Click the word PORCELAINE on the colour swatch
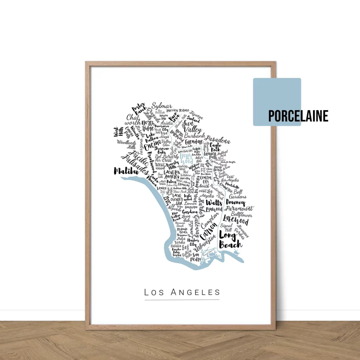[298, 116]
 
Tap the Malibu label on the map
[125, 171]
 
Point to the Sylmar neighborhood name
[162, 106]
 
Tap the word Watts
[214, 203]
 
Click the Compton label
[210, 221]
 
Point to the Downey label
[235, 203]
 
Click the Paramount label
[239, 208]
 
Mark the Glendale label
[194, 141]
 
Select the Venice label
[162, 188]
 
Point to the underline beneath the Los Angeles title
[182, 300]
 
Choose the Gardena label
[190, 212]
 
